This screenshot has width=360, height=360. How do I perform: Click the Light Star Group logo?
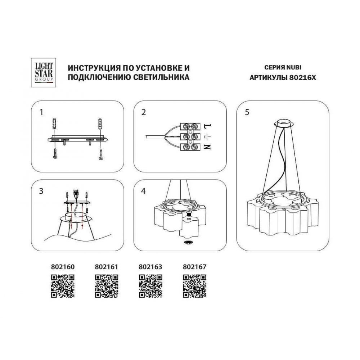coord(44,73)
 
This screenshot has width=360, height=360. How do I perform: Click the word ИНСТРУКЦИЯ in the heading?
coord(93,68)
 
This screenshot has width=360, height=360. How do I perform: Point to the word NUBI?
coord(293,68)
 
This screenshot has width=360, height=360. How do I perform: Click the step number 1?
coord(41,112)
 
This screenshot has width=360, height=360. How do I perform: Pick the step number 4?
coord(144,191)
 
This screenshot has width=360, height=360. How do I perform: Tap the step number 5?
coord(247,112)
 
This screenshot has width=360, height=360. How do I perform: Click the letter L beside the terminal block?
coord(207,126)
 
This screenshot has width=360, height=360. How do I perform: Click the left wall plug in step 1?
coord(54,124)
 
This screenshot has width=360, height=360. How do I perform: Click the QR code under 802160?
coord(63,286)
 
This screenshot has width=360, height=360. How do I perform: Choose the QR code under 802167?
coord(195,286)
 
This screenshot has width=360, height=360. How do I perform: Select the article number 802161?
coord(106,267)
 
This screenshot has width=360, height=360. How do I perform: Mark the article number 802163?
coord(150,267)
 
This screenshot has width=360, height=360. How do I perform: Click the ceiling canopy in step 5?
coord(284,123)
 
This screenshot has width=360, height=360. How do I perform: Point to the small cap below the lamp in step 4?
coord(188,242)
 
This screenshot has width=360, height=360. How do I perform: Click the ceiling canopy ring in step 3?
coord(76,216)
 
